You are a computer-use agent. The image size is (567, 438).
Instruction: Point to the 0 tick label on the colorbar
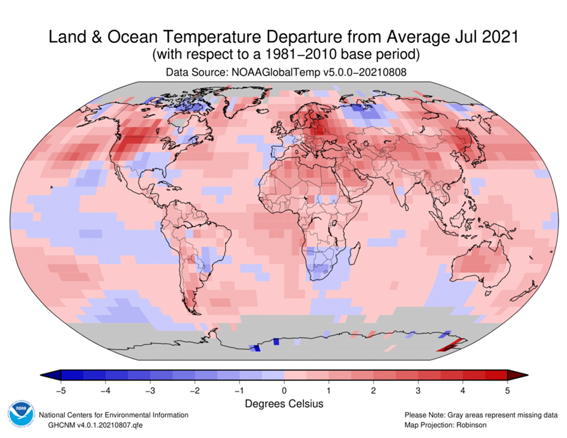[284, 391]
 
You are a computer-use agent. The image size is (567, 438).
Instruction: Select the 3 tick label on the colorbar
[418, 391]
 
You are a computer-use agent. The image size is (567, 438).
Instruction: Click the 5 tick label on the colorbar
[507, 391]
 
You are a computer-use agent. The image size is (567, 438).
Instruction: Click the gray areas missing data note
[481, 415]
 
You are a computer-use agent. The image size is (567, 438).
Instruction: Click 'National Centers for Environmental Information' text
[113, 415]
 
